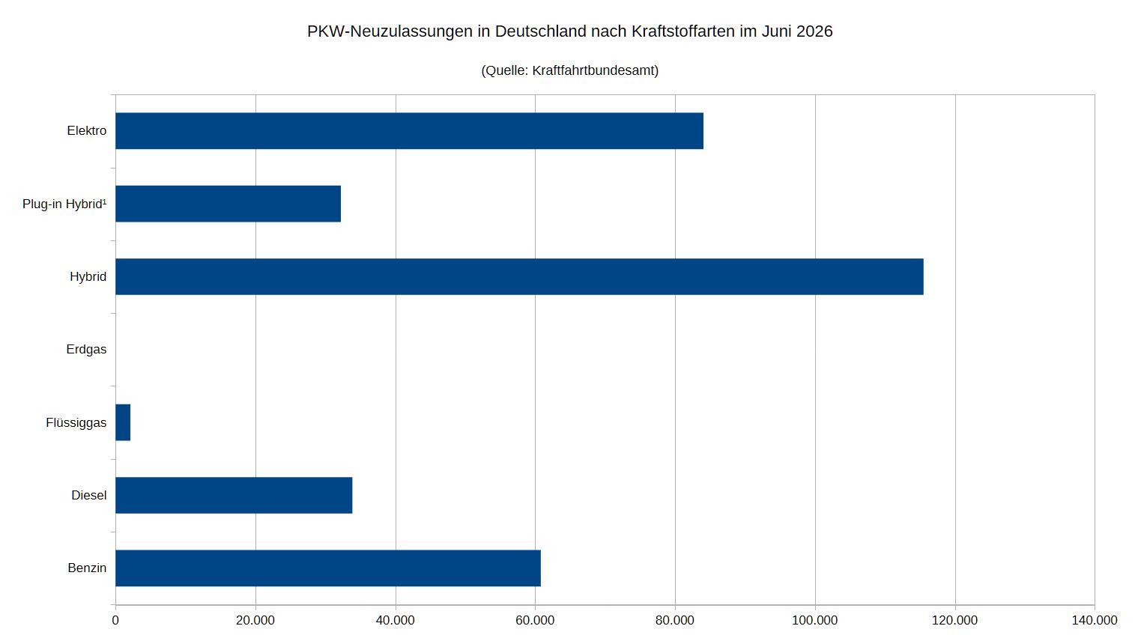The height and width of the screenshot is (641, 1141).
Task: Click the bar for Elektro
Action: click(409, 131)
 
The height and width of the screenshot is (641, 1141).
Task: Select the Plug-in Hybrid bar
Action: click(228, 204)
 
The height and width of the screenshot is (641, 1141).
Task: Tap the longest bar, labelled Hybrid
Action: click(520, 276)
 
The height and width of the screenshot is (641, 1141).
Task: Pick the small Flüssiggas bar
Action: click(123, 422)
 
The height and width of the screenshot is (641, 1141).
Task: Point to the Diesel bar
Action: click(234, 495)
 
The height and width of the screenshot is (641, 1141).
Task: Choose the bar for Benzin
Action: click(328, 568)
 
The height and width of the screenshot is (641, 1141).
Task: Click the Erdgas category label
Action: click(86, 350)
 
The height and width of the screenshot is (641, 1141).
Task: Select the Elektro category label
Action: click(87, 131)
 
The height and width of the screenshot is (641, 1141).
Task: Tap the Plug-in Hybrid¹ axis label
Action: click(64, 204)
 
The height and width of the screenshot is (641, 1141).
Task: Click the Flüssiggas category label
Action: click(76, 422)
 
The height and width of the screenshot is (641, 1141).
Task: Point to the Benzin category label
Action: click(87, 568)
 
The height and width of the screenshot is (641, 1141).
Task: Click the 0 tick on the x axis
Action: click(115, 620)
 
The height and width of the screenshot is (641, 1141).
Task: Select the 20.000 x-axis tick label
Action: click(255, 620)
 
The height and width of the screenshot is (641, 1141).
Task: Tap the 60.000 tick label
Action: click(535, 620)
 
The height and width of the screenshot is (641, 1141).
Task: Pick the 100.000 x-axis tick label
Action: click(814, 620)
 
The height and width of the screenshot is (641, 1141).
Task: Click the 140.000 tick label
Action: click(1095, 620)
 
